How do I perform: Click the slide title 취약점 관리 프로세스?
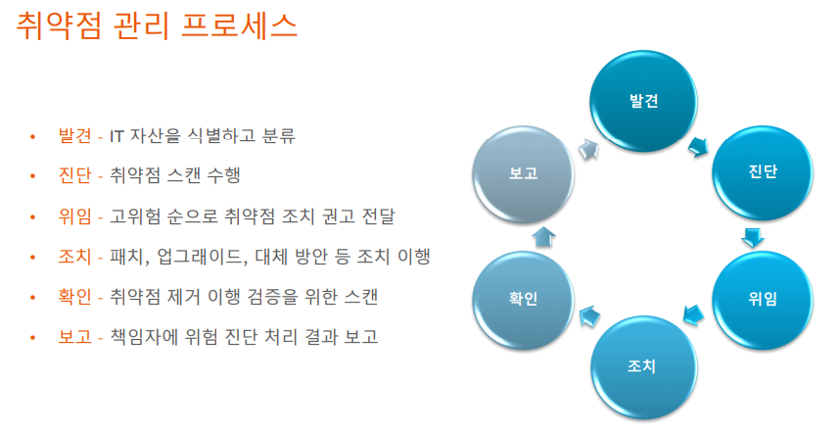158,25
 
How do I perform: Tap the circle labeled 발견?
643,100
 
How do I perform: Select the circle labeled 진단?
762,171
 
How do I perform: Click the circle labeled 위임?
762,299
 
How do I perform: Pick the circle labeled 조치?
641,367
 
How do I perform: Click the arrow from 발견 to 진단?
700,148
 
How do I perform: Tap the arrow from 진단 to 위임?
753,237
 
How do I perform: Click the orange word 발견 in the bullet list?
74,135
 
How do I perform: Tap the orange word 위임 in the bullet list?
74,216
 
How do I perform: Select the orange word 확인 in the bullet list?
74,297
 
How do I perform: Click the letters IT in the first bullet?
117,135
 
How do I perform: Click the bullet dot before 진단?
32,176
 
